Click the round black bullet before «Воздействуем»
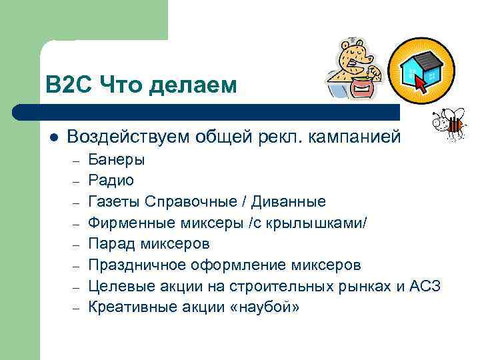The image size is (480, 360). coord(53,137)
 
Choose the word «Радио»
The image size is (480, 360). coord(111,180)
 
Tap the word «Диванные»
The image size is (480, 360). coord(291,201)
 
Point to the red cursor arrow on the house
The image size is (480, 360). coord(421,83)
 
